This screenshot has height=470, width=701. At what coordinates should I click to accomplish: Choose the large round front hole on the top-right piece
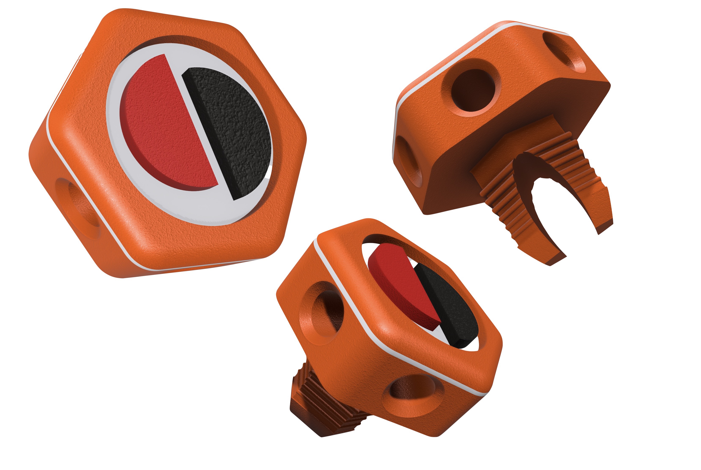473,90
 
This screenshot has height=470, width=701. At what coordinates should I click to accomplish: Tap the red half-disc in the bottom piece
402,285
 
